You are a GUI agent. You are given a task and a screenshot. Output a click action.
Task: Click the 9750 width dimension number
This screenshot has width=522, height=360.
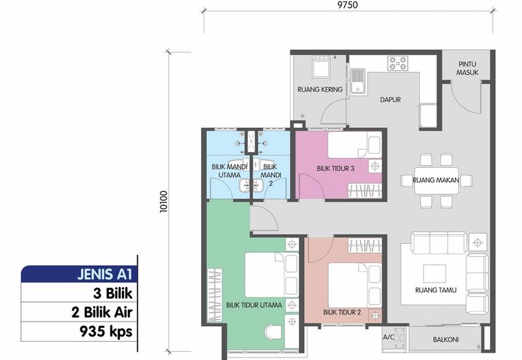point(348,5)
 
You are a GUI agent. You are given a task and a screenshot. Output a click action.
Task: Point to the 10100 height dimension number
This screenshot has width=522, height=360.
point(164,202)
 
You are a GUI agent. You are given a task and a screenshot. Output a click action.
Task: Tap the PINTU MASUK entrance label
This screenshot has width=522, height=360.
point(467,68)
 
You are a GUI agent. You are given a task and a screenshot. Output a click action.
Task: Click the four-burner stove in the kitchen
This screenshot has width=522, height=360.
point(398,63)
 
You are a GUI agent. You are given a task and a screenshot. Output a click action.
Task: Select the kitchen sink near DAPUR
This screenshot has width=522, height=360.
point(358,81)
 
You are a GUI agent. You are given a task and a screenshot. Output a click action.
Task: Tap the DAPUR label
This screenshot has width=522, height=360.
point(390,100)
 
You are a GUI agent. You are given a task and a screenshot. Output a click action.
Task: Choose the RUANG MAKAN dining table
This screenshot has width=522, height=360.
point(437,181)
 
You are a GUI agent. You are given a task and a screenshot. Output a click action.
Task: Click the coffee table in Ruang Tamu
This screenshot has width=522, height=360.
point(435,273)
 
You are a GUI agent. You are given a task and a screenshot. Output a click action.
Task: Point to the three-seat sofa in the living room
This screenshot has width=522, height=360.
point(438,243)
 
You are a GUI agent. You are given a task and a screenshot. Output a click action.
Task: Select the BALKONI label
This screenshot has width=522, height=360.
point(446,340)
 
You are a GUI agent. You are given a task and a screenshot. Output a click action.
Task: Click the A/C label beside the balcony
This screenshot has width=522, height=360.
point(388,337)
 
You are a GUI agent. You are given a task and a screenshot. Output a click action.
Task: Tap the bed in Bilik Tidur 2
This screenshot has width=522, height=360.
point(355,285)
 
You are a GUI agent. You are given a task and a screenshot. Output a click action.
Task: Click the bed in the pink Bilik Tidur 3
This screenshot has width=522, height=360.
point(355,145)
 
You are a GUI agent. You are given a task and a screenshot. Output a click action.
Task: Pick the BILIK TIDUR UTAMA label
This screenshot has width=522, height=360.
point(254,305)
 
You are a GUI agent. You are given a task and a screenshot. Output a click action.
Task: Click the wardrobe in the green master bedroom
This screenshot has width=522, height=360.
point(215,295)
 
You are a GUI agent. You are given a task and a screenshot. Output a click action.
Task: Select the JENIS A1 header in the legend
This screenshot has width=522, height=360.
point(105,274)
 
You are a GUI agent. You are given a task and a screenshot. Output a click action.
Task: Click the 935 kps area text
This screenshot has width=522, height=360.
point(106,331)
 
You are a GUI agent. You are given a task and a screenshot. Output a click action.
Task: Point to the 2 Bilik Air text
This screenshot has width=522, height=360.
point(102,312)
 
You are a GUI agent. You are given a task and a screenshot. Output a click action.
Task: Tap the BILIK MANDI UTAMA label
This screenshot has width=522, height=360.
point(230,171)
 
